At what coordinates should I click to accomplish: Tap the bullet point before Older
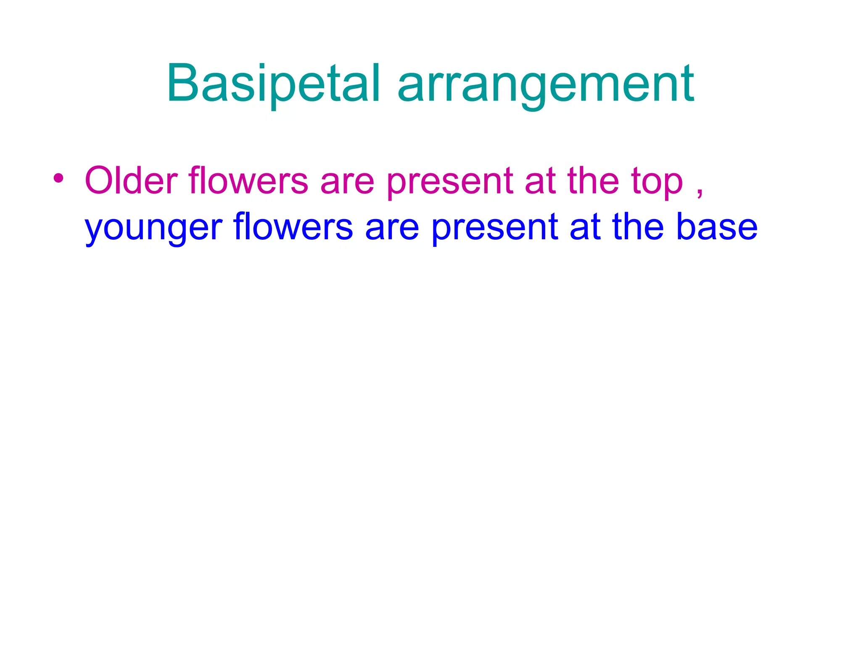(x=58, y=179)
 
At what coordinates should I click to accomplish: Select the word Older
(x=131, y=181)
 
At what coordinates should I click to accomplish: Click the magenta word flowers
(x=248, y=181)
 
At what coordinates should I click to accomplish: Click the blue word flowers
(x=293, y=227)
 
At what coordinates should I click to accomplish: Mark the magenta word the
(x=593, y=181)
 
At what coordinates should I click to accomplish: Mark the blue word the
(x=638, y=227)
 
